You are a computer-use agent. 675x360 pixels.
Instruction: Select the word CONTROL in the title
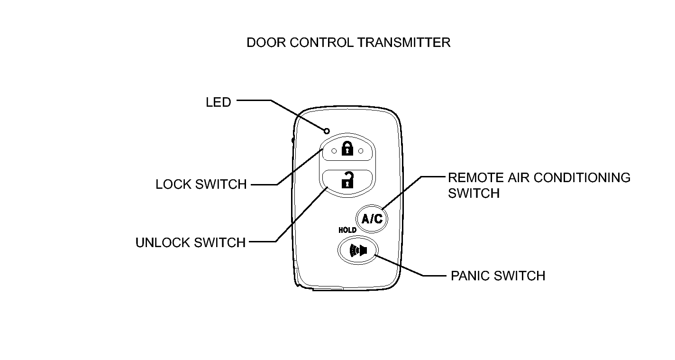tap(321, 43)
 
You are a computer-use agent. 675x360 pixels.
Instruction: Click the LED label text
tap(218, 102)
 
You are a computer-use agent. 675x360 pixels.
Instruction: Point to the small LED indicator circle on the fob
tap(327, 131)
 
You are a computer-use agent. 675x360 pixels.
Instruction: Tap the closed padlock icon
tap(347, 148)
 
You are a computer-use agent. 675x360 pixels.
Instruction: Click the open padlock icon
tap(347, 180)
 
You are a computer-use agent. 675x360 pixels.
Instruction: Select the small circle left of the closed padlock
tap(334, 151)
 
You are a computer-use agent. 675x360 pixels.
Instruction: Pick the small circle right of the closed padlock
tap(361, 151)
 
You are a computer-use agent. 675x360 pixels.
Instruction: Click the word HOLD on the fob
tap(347, 231)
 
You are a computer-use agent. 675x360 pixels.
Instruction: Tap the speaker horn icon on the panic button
tap(358, 250)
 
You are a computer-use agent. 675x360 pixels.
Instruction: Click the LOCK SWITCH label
tap(201, 185)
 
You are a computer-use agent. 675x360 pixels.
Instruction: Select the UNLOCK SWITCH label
tap(191, 243)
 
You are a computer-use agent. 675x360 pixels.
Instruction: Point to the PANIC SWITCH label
tap(498, 276)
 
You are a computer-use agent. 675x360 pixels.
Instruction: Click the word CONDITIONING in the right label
tap(582, 178)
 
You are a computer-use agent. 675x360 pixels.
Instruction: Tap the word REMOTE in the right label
tap(476, 178)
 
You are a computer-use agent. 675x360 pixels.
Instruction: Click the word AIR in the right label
tap(518, 178)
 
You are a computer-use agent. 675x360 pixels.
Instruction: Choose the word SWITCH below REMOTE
tap(474, 194)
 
